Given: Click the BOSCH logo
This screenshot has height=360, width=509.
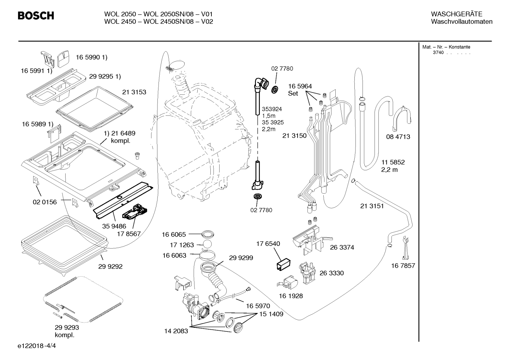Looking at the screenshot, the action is [x=36, y=16].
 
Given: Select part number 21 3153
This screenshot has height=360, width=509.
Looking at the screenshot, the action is [x=134, y=92].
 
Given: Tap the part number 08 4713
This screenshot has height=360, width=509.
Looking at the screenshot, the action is [x=398, y=137].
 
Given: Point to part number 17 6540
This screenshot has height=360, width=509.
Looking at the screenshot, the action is [x=268, y=244].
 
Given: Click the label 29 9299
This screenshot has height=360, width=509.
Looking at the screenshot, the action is [x=241, y=258].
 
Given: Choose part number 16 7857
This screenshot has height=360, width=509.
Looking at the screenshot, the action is [x=403, y=266].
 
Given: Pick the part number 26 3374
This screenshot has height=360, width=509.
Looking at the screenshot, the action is [x=342, y=247].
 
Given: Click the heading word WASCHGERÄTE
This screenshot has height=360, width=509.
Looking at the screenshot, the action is [x=456, y=14].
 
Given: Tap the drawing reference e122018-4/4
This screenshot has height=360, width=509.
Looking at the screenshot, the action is [x=37, y=346].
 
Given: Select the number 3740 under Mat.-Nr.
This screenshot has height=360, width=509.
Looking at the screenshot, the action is [x=438, y=53].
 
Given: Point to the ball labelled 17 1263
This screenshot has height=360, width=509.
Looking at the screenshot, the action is [x=207, y=244].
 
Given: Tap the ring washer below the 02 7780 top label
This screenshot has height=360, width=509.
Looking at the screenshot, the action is [x=275, y=90].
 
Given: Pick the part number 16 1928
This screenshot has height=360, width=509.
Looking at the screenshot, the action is [x=291, y=296].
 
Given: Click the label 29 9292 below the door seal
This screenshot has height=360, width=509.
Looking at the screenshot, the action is [x=110, y=266].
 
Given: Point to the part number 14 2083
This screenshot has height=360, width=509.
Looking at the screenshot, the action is [x=176, y=331].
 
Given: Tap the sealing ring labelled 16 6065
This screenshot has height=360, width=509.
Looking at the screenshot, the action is [x=208, y=234].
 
